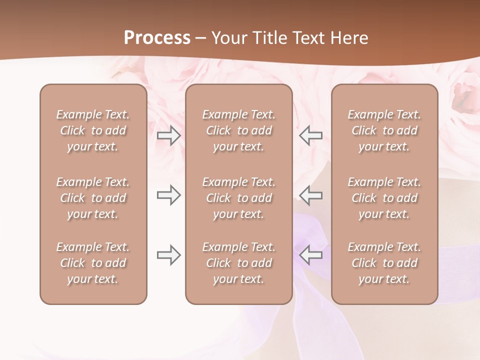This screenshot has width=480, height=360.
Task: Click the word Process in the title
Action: (157, 38)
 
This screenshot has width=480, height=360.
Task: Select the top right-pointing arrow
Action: (168, 135)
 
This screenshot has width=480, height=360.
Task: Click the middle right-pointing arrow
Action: (168, 195)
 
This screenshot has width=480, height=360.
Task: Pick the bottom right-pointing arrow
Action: (168, 255)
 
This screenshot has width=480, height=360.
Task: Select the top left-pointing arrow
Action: (311, 135)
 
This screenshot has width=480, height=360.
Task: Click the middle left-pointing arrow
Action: (311, 195)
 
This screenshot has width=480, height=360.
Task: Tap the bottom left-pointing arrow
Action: (311, 255)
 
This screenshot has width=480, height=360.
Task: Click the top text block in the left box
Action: (93, 130)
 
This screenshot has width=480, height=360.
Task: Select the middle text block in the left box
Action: (93, 198)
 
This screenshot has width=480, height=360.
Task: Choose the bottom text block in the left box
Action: (93, 263)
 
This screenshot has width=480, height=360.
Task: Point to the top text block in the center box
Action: (239, 130)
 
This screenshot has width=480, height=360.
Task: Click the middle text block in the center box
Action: (239, 198)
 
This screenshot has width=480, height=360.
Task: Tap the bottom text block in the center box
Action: (239, 263)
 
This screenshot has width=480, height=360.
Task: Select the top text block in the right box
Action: (384, 130)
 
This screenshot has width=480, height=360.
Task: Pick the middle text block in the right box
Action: (384, 198)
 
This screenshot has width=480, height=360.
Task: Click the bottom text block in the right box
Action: (384, 263)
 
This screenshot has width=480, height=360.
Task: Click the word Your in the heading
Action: (228, 38)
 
